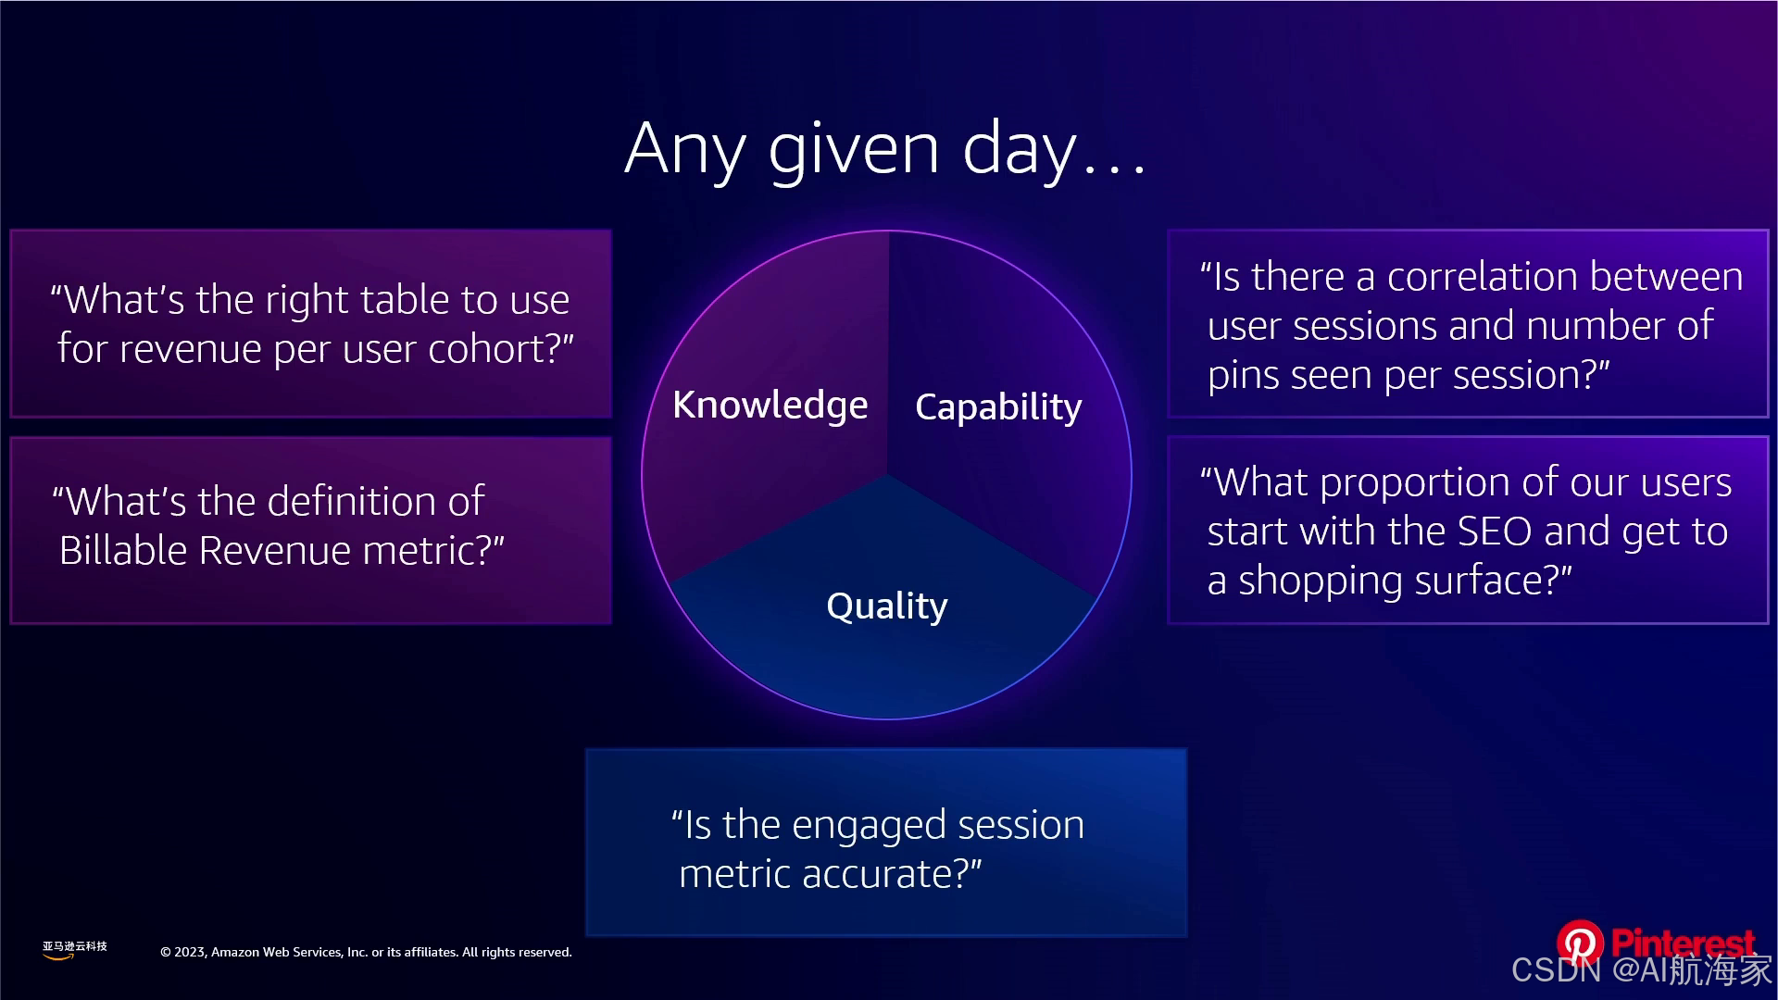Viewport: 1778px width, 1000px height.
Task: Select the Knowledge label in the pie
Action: (770, 406)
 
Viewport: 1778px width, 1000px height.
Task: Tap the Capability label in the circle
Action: (998, 407)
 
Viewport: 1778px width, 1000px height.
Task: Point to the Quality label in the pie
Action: (887, 606)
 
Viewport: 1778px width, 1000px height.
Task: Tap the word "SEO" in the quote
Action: (1496, 531)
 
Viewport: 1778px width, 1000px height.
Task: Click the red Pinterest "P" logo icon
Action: (1580, 943)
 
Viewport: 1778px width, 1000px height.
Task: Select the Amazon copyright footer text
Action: (366, 952)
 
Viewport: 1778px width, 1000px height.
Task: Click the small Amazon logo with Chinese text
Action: (74, 950)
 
